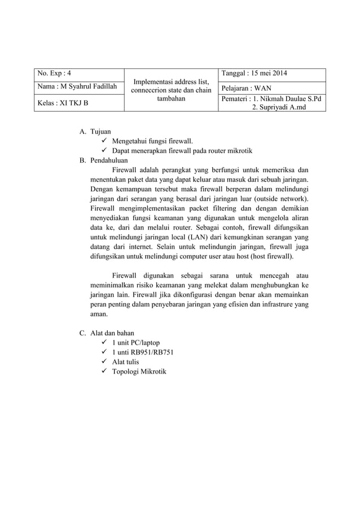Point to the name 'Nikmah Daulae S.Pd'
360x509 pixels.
pos(288,99)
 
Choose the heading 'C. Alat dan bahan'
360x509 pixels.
pos(107,333)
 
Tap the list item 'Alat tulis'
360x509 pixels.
pos(126,362)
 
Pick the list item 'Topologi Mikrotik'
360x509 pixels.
pos(139,371)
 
